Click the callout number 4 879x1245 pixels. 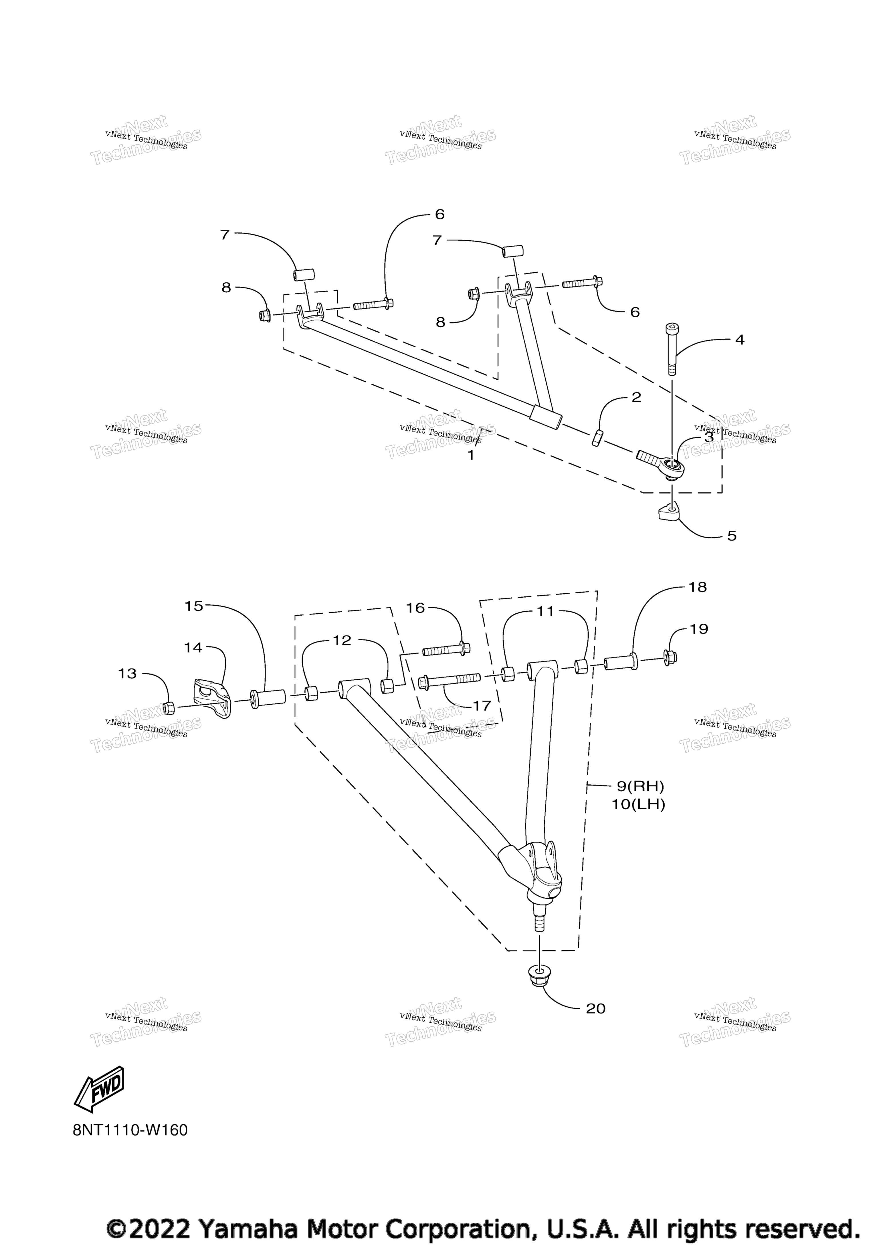pos(740,340)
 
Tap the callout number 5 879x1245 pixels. pos(732,536)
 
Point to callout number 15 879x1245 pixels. pos(194,606)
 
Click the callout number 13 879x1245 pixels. pos(127,673)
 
